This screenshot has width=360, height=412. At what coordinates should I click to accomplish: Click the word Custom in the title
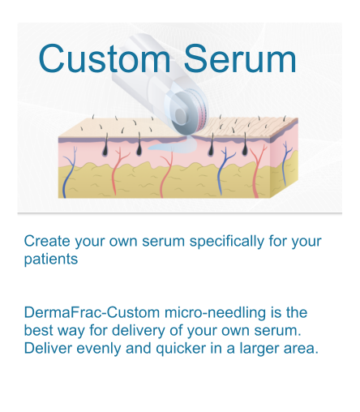pos(105,58)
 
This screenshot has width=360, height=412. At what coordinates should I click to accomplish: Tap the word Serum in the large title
pos(240,58)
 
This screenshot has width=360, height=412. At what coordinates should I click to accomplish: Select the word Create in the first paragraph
pos(47,241)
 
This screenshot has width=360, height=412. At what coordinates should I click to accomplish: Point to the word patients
pos(51,260)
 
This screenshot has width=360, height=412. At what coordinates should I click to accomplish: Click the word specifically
pos(226,241)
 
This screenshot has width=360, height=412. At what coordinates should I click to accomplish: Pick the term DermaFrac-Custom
pos(92,312)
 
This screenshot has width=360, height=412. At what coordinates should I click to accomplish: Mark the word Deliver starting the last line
pos(48,348)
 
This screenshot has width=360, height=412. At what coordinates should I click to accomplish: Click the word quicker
pos(181,348)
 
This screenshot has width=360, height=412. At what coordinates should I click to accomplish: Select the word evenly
pos(99,349)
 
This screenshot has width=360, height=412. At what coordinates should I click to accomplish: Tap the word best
pos(38,330)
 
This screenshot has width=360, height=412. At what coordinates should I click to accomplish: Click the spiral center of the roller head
pos(182,114)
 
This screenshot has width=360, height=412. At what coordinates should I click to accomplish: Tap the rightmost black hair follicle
pos(245,145)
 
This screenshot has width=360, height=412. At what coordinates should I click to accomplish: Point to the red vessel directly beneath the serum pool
pos(166,175)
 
